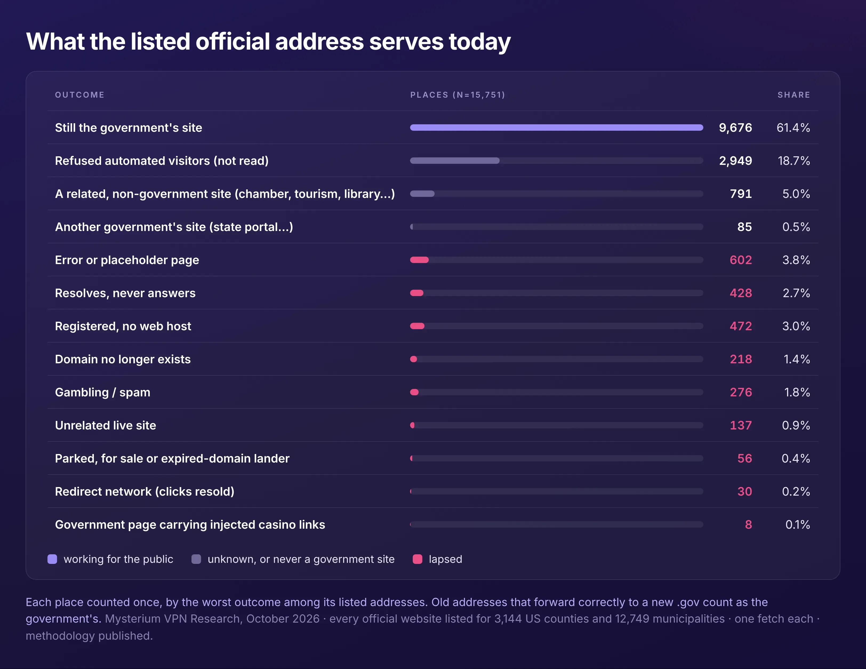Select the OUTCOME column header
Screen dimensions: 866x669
(80, 95)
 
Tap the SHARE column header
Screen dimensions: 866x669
(794, 95)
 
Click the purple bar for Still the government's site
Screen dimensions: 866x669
(557, 128)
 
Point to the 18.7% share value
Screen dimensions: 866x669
(794, 161)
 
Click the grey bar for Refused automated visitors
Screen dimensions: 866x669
(455, 161)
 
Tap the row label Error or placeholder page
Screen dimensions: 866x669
(127, 260)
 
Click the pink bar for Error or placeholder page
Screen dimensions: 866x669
(419, 260)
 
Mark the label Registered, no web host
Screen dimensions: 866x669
(123, 326)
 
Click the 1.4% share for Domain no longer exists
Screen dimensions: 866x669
(797, 359)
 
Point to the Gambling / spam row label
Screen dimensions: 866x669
(103, 392)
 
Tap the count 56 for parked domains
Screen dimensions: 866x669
(745, 458)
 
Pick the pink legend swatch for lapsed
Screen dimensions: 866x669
(418, 559)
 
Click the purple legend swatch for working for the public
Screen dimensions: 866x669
(52, 559)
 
